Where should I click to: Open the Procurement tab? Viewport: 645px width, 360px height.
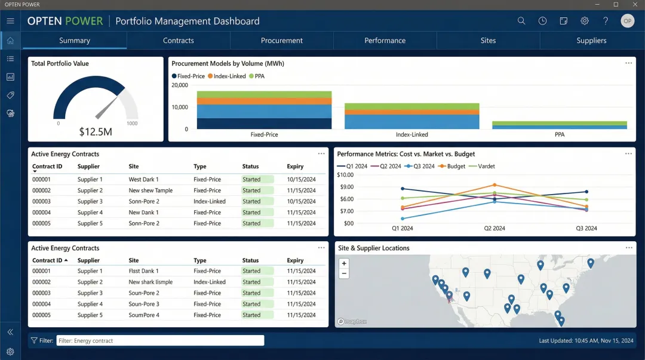pos(281,41)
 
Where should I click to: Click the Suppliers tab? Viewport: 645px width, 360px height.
pos(591,41)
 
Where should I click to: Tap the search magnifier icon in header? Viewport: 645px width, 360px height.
pos(521,21)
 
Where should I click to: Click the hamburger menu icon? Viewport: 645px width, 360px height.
pos(10,21)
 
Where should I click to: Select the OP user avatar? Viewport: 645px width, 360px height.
pos(627,21)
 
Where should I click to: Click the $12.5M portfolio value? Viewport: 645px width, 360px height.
pos(96,131)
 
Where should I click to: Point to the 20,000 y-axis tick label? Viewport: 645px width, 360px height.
pos(180,85)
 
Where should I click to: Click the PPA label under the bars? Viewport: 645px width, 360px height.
pos(559,135)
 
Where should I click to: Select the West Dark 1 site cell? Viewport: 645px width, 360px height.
pos(143,180)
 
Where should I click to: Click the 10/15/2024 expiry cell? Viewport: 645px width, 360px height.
pos(301,180)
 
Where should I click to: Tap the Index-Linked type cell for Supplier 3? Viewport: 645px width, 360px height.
pos(209,202)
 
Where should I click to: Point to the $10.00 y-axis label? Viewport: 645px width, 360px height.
pos(345,175)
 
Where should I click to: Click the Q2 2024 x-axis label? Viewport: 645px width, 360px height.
pos(494,229)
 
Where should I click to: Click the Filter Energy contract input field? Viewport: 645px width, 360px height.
pos(160,341)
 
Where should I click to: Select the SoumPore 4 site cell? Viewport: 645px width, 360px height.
pos(144,315)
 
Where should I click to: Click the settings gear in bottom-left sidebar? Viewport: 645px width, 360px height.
pos(10,352)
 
